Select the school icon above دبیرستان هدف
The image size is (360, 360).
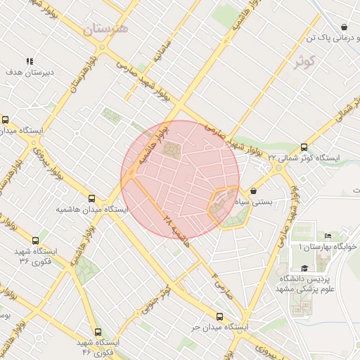pos(30,62)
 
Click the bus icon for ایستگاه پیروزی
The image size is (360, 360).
pos(6,120)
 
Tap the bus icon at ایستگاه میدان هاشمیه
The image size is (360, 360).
pos(92,198)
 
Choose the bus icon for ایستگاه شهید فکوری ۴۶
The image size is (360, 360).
pos(97,331)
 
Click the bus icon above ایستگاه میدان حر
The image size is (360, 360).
pos(220,316)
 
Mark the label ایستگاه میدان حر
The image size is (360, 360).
pos(220,328)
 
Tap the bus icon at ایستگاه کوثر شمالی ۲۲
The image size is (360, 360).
pos(304,148)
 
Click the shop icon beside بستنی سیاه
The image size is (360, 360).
pos(253,190)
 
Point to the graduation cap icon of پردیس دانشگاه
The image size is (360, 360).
pos(304,268)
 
